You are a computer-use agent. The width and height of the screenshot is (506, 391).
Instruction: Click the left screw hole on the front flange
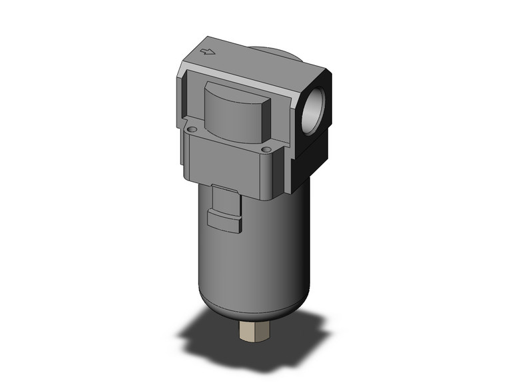[x=191, y=129]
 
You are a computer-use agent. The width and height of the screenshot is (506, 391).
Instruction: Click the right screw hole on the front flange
[x=266, y=150]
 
